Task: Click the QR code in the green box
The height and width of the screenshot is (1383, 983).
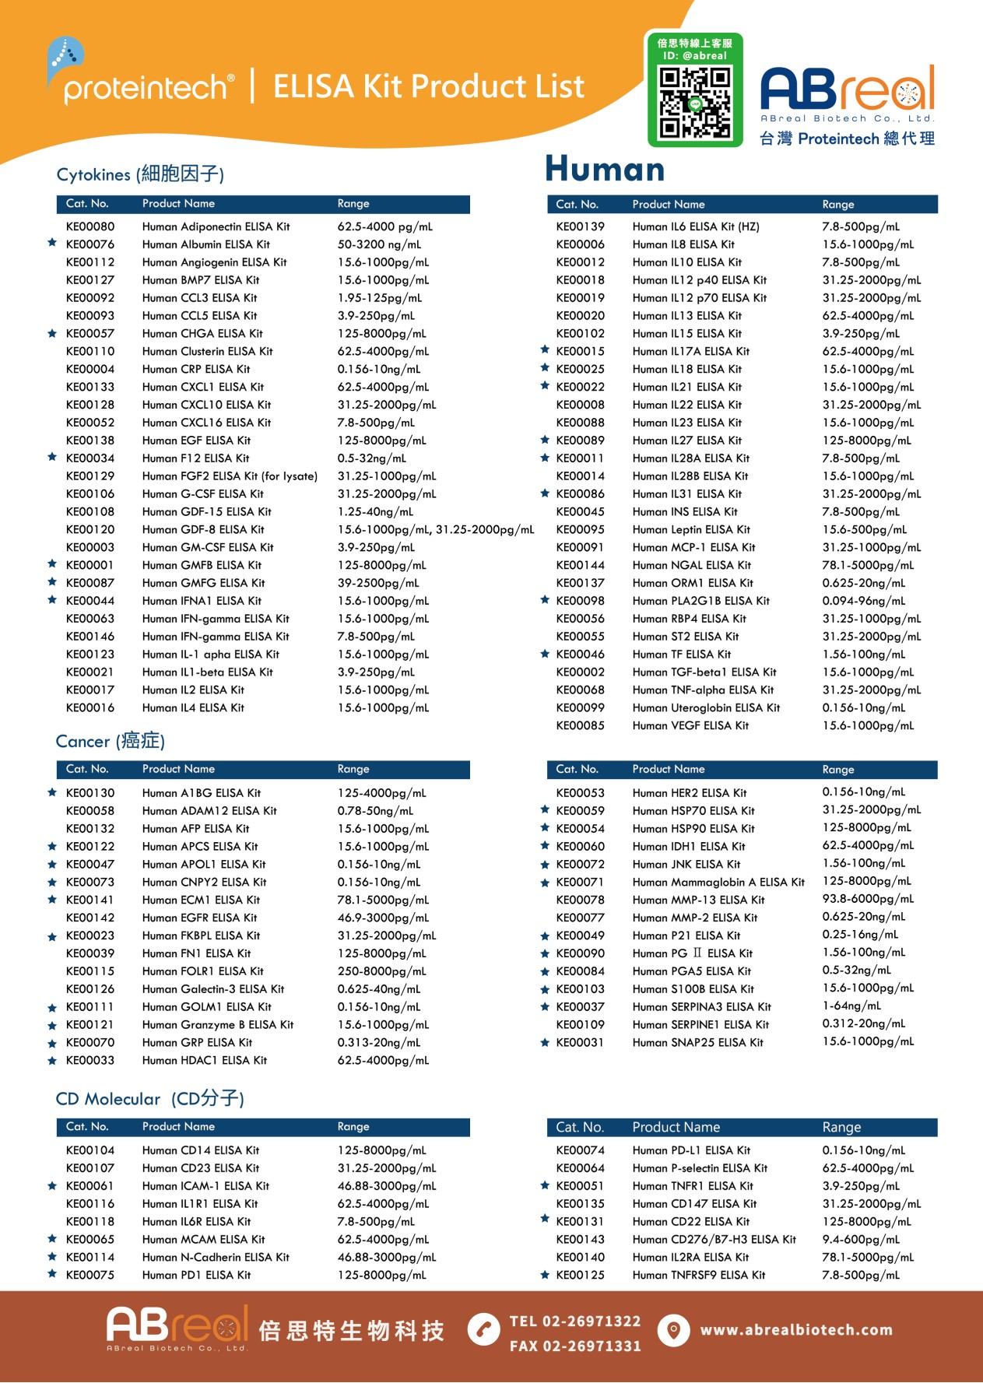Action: point(694,102)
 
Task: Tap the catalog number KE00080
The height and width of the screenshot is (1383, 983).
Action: point(90,226)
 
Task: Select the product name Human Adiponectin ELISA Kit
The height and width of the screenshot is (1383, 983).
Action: point(216,226)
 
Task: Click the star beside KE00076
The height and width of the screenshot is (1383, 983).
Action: point(52,243)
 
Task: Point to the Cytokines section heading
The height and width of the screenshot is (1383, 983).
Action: point(140,174)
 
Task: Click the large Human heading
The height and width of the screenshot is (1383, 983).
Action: point(605,169)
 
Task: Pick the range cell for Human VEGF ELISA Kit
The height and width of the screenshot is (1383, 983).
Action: point(868,725)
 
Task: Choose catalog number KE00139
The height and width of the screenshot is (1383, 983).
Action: point(580,226)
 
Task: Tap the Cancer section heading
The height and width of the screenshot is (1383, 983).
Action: point(110,741)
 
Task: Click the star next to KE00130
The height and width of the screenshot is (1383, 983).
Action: point(52,792)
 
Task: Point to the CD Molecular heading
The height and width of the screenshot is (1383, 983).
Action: point(149,1098)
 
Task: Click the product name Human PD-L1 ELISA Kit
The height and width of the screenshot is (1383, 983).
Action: point(691,1150)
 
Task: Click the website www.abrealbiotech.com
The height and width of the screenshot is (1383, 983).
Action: point(796,1329)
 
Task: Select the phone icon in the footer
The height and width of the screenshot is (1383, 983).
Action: point(483,1329)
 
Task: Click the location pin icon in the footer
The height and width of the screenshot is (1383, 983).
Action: point(673,1329)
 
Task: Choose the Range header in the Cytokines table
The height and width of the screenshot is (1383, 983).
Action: point(353,204)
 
